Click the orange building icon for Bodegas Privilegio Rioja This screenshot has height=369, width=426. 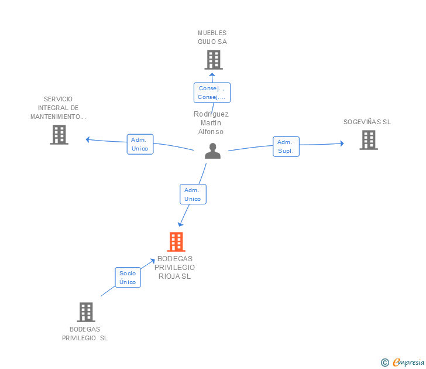pos(176,242)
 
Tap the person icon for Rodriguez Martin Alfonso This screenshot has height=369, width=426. pos(213,151)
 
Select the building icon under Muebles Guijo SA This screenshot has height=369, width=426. pos(214,60)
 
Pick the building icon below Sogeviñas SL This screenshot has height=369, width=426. pos(368,140)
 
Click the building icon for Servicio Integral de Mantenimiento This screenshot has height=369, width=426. pos(59,135)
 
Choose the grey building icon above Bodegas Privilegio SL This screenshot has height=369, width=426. pos(86,312)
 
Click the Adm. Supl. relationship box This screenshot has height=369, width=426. pos(286,146)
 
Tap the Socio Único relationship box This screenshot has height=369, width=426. pos(128,278)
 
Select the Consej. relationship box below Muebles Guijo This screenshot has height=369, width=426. pos(212,93)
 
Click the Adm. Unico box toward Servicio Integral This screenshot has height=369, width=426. pos(140,144)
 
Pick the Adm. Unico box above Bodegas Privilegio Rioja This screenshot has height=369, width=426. pos(193,194)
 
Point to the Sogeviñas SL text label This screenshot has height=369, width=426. pos(367,122)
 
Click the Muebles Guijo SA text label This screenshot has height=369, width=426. pos(212,37)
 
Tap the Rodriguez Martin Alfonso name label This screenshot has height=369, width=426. pos(211,123)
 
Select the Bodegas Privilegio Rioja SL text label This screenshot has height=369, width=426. pos(176,267)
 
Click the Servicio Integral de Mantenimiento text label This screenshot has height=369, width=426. pos(58,108)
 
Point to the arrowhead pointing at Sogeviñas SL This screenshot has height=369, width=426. pos(342,143)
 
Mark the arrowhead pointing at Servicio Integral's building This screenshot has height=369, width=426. pos(88,139)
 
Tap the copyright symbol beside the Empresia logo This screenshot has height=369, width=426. pos(384,363)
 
